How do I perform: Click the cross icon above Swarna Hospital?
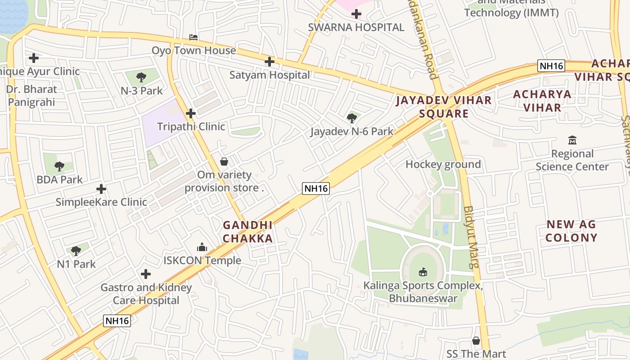point(356,14)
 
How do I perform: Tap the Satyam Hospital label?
point(270,75)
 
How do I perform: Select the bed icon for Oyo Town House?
point(193,37)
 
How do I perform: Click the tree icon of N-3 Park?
point(141,77)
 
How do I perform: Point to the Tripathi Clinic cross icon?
point(191,113)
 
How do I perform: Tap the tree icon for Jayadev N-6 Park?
point(352,118)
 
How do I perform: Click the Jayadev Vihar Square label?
point(444,106)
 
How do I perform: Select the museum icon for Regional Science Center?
point(572,140)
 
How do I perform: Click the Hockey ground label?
point(443,164)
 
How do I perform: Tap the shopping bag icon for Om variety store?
point(224,162)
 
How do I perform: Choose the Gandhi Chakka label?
point(247,232)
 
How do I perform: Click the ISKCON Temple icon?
point(202,247)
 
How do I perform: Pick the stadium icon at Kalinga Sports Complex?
point(423,272)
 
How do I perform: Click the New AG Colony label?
point(571,230)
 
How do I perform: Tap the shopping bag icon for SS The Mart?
point(476,341)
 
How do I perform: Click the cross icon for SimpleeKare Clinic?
point(101,189)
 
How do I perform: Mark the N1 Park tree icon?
point(76,251)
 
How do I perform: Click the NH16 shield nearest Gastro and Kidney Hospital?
point(117,321)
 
